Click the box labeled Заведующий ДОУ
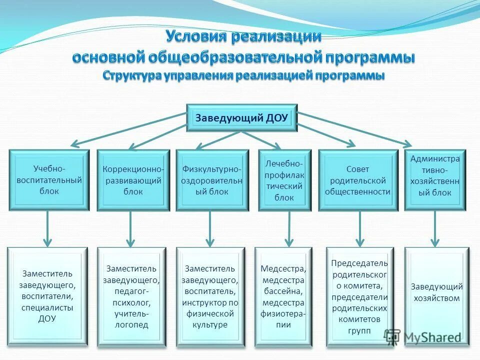click(241, 118)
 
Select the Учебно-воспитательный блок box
click(49, 179)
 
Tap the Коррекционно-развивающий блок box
click(131, 180)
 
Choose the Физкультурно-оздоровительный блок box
click(212, 180)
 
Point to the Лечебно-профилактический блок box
click(284, 180)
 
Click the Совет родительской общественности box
click(357, 180)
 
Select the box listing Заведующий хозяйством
click(436, 296)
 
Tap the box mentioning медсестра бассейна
click(282, 296)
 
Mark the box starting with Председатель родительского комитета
click(359, 296)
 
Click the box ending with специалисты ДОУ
click(47, 296)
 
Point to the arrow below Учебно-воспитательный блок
click(47, 228)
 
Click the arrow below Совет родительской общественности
click(360, 228)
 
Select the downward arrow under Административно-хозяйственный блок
click(434, 228)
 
